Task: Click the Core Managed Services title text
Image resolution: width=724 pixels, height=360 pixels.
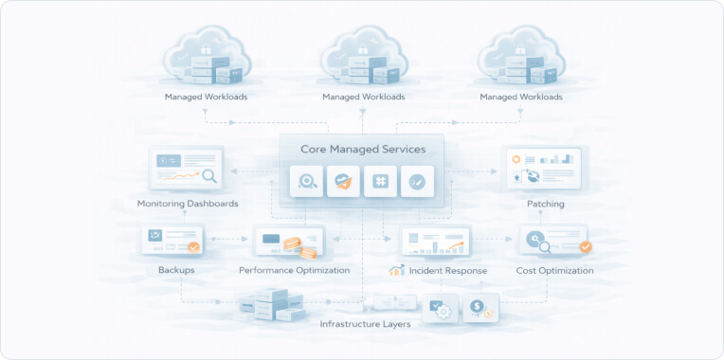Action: coord(363,149)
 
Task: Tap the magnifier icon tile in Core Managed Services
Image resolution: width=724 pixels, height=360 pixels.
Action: coord(306,180)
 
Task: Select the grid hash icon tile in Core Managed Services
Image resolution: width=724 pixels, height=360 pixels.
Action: coord(380,180)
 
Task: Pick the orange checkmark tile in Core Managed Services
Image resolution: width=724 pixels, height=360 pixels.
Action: coord(343,180)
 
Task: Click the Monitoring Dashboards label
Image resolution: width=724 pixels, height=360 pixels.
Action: coord(188,204)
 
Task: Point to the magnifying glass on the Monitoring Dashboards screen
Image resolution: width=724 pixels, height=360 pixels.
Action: coord(208,175)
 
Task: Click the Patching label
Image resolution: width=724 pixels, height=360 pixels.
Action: coord(546,204)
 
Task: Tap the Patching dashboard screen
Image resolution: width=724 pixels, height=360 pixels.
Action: coord(542,169)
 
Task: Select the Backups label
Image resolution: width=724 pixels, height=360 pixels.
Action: coord(176,270)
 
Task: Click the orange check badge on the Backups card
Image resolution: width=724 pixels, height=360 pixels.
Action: coord(193,248)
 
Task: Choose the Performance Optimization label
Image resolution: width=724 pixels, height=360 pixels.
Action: coord(295,270)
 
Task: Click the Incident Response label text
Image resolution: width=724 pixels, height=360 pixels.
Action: coord(448,270)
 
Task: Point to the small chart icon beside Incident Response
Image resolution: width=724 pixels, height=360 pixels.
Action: coord(397,270)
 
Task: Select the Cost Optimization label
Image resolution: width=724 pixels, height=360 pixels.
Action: coord(555,270)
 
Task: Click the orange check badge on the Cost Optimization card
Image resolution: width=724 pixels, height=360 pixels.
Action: coord(585,247)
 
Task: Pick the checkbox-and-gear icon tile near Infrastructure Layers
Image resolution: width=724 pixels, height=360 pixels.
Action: coord(441,308)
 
